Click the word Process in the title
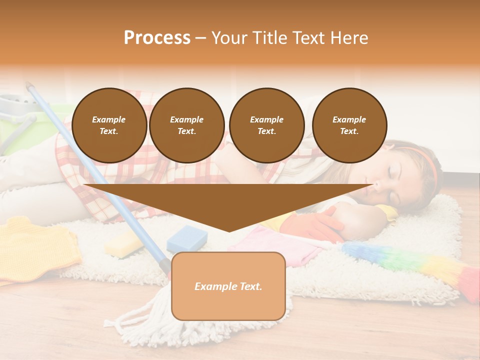(157, 38)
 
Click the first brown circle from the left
(109, 125)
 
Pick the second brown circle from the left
(186, 125)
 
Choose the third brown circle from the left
(266, 125)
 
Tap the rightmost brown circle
(349, 125)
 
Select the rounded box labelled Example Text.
(228, 286)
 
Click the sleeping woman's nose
(376, 188)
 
